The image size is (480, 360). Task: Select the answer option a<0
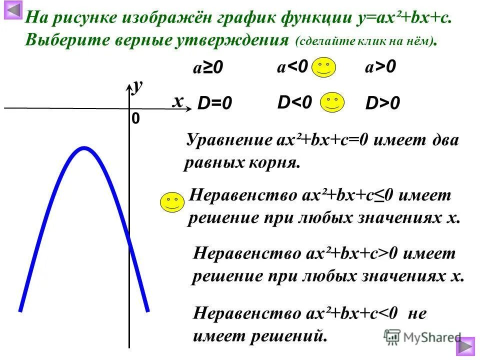tap(292, 66)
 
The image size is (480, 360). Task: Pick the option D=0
tap(215, 103)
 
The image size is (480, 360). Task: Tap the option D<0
tap(295, 102)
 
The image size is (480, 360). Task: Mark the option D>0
tap(383, 103)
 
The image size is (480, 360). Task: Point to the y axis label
tap(137, 86)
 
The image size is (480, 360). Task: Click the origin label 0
tap(135, 118)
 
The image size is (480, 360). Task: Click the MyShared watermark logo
tap(422, 336)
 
